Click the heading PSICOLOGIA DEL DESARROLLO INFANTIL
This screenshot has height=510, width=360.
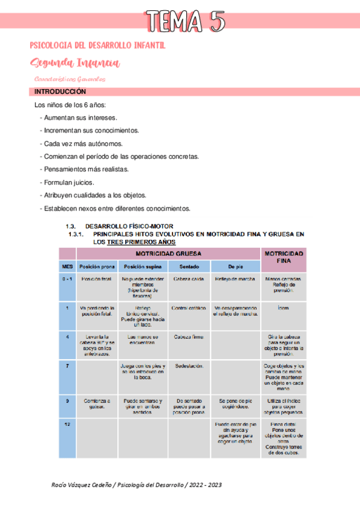pyautogui.click(x=97, y=46)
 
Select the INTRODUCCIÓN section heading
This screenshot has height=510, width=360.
pyautogui.click(x=60, y=92)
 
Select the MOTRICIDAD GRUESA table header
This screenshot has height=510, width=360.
pyautogui.click(x=168, y=254)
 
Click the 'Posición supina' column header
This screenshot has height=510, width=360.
pyautogui.click(x=143, y=266)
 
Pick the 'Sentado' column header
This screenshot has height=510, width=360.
pyautogui.click(x=189, y=266)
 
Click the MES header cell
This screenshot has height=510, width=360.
pyautogui.click(x=67, y=266)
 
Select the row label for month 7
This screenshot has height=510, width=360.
pyautogui.click(x=67, y=366)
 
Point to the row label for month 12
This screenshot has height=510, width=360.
pyautogui.click(x=67, y=425)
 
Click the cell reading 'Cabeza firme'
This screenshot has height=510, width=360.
pyautogui.click(x=189, y=337)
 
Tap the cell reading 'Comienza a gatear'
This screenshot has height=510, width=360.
pyautogui.click(x=97, y=403)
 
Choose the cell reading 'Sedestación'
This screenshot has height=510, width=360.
pyautogui.click(x=189, y=366)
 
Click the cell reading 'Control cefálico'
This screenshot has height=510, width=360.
pyautogui.click(x=189, y=308)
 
